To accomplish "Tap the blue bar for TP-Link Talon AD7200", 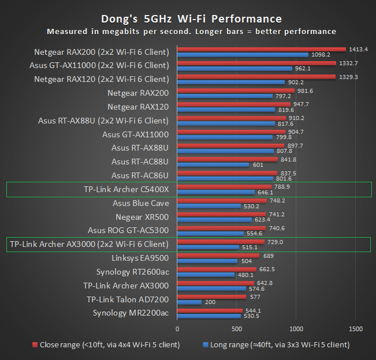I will click(x=189, y=302).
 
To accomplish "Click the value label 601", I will click(x=257, y=164).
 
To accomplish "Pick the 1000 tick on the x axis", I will click(x=296, y=329).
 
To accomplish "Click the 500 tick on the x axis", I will click(x=237, y=329).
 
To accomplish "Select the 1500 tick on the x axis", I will click(x=356, y=329).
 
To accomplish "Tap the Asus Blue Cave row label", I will click(x=140, y=203).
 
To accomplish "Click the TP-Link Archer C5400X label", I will click(x=126, y=189).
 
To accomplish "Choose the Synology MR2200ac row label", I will click(x=131, y=313).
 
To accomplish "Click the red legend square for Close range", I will click(x=35, y=345).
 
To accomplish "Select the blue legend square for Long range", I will click(x=204, y=345).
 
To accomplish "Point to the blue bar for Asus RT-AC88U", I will click(x=213, y=164).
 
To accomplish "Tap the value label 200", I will click(x=210, y=302).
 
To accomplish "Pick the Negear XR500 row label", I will click(x=142, y=217).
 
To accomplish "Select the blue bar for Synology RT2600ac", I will click(x=206, y=275).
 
